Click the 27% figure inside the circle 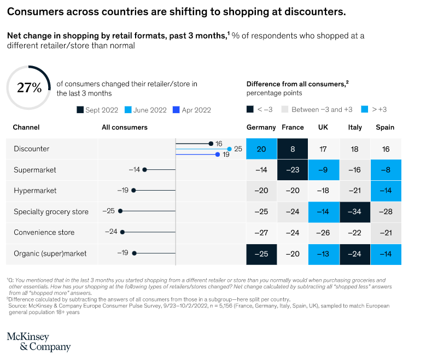click(x=29, y=87)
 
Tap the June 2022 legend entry click(x=146, y=110)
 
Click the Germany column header click(x=261, y=127)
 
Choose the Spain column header click(x=386, y=127)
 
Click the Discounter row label click(x=32, y=149)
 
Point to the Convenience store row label click(x=43, y=232)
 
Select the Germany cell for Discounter click(x=261, y=149)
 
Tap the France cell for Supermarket click(x=293, y=170)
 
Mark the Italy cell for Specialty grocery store click(x=355, y=211)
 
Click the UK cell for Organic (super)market click(x=323, y=253)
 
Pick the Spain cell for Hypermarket click(x=386, y=191)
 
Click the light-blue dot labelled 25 click(x=229, y=149)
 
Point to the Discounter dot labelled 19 click(x=218, y=155)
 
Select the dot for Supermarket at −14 click(x=144, y=170)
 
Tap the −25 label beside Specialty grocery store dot click(x=110, y=211)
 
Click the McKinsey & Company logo click(x=38, y=341)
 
